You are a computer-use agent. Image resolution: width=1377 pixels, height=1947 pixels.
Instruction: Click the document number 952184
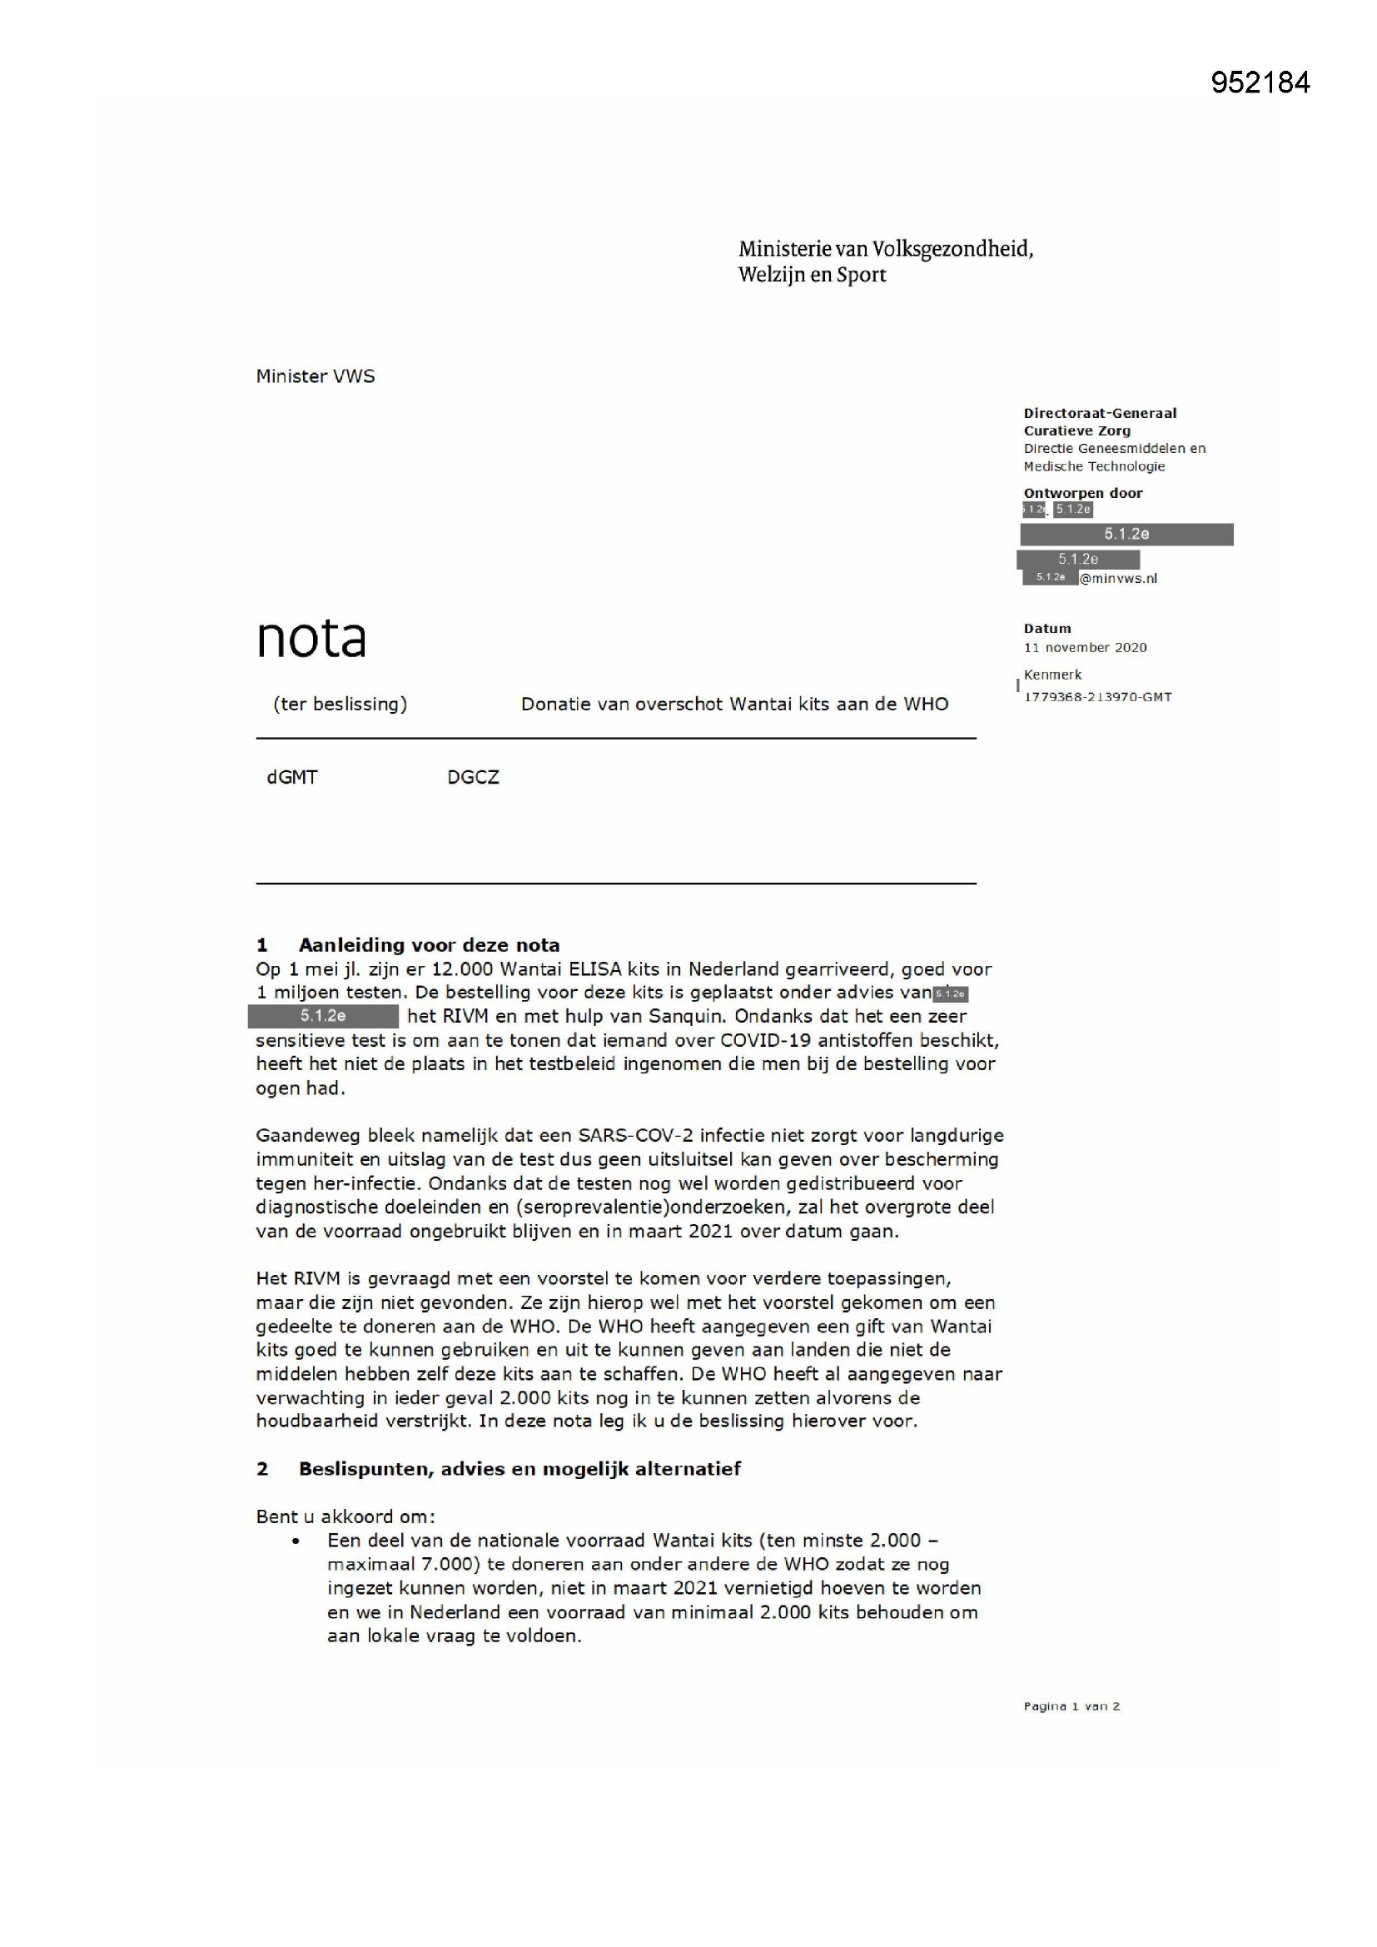point(1260,82)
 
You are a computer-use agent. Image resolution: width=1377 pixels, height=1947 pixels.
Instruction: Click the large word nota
point(311,639)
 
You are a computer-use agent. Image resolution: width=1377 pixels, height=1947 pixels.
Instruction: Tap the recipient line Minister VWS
point(316,376)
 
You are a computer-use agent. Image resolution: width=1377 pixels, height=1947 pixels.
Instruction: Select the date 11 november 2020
point(1085,648)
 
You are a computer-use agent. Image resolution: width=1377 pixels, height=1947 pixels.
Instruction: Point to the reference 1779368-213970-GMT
point(1097,697)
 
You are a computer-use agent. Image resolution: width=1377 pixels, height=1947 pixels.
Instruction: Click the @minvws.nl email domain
point(1117,578)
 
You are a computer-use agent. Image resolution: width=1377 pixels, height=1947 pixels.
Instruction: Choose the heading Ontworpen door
point(1083,494)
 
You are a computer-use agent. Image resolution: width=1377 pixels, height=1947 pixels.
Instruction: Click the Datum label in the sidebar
point(1047,629)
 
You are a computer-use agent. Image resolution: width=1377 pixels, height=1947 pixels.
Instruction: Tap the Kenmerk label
point(1052,675)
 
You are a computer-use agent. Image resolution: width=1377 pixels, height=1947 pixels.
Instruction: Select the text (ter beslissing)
point(340,704)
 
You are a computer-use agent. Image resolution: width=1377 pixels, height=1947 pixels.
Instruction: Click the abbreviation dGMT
point(291,778)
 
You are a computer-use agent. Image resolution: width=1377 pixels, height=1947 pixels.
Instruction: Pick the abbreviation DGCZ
point(473,778)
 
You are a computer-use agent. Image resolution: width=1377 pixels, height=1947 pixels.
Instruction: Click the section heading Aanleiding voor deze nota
point(428,944)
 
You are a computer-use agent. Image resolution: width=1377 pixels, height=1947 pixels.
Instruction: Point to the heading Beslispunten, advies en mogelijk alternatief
point(519,1469)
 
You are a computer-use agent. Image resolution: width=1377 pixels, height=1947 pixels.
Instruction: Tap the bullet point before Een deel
point(296,1541)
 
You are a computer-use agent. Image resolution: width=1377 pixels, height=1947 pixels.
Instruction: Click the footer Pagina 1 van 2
point(1071,1706)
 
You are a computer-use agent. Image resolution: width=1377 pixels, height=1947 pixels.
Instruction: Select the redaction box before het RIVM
point(323,1016)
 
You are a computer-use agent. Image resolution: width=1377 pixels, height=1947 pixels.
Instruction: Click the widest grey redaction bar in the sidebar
point(1126,535)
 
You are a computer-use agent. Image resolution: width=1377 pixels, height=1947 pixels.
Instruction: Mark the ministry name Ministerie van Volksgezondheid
point(885,249)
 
